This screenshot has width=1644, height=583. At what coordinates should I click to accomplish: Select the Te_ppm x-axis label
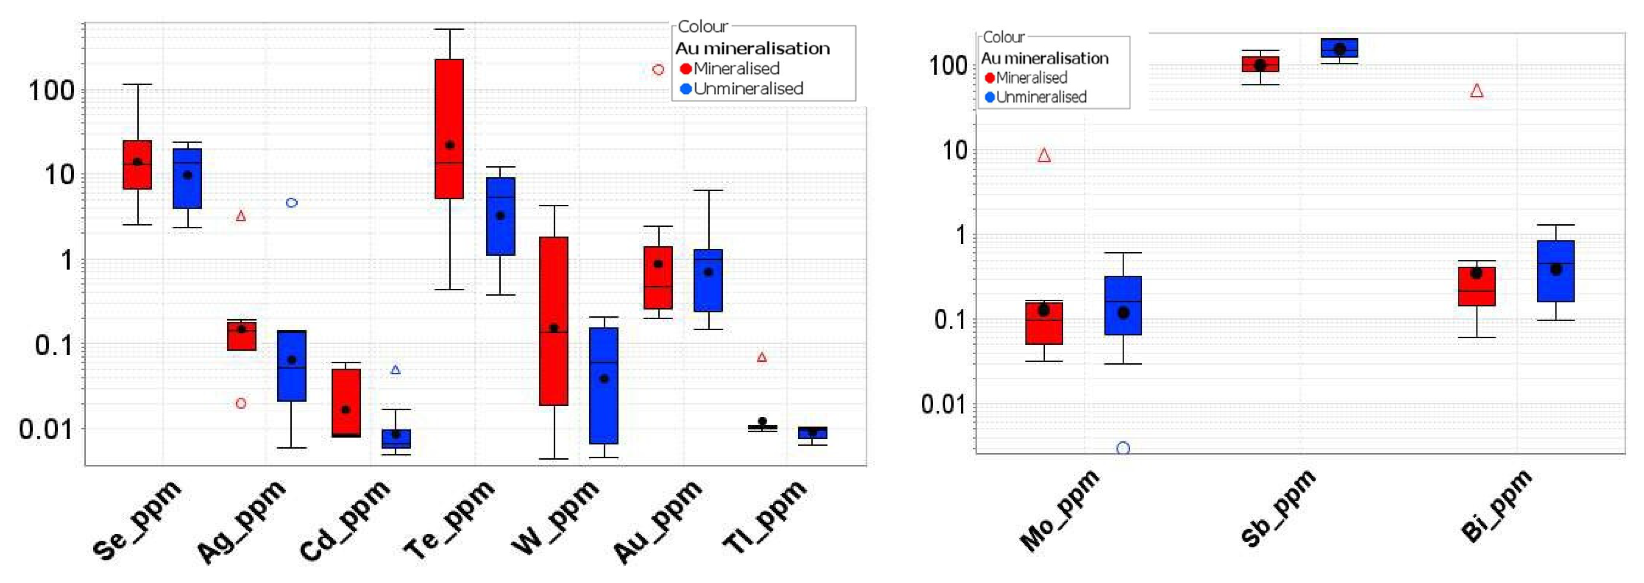click(449, 519)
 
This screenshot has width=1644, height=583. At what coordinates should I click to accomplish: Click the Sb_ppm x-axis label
click(1278, 509)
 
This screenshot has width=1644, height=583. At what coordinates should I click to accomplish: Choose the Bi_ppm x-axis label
click(1495, 506)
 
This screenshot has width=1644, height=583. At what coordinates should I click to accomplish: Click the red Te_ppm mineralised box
click(449, 129)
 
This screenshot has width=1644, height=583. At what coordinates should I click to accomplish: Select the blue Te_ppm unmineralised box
click(501, 217)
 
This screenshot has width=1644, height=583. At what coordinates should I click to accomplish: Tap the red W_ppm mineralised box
click(554, 321)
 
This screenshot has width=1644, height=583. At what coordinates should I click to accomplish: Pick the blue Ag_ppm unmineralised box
click(292, 366)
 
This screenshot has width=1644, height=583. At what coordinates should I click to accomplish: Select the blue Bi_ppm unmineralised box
click(1556, 271)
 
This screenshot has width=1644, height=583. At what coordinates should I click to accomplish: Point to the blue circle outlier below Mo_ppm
click(1123, 448)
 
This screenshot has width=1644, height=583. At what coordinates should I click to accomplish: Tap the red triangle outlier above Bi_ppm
click(1477, 91)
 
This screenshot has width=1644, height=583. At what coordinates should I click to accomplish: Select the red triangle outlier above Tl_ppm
click(761, 357)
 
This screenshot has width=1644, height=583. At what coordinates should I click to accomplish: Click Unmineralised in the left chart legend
click(748, 89)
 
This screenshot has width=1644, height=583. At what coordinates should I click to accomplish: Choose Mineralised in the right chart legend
click(1031, 78)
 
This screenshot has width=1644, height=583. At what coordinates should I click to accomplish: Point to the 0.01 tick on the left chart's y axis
click(47, 429)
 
